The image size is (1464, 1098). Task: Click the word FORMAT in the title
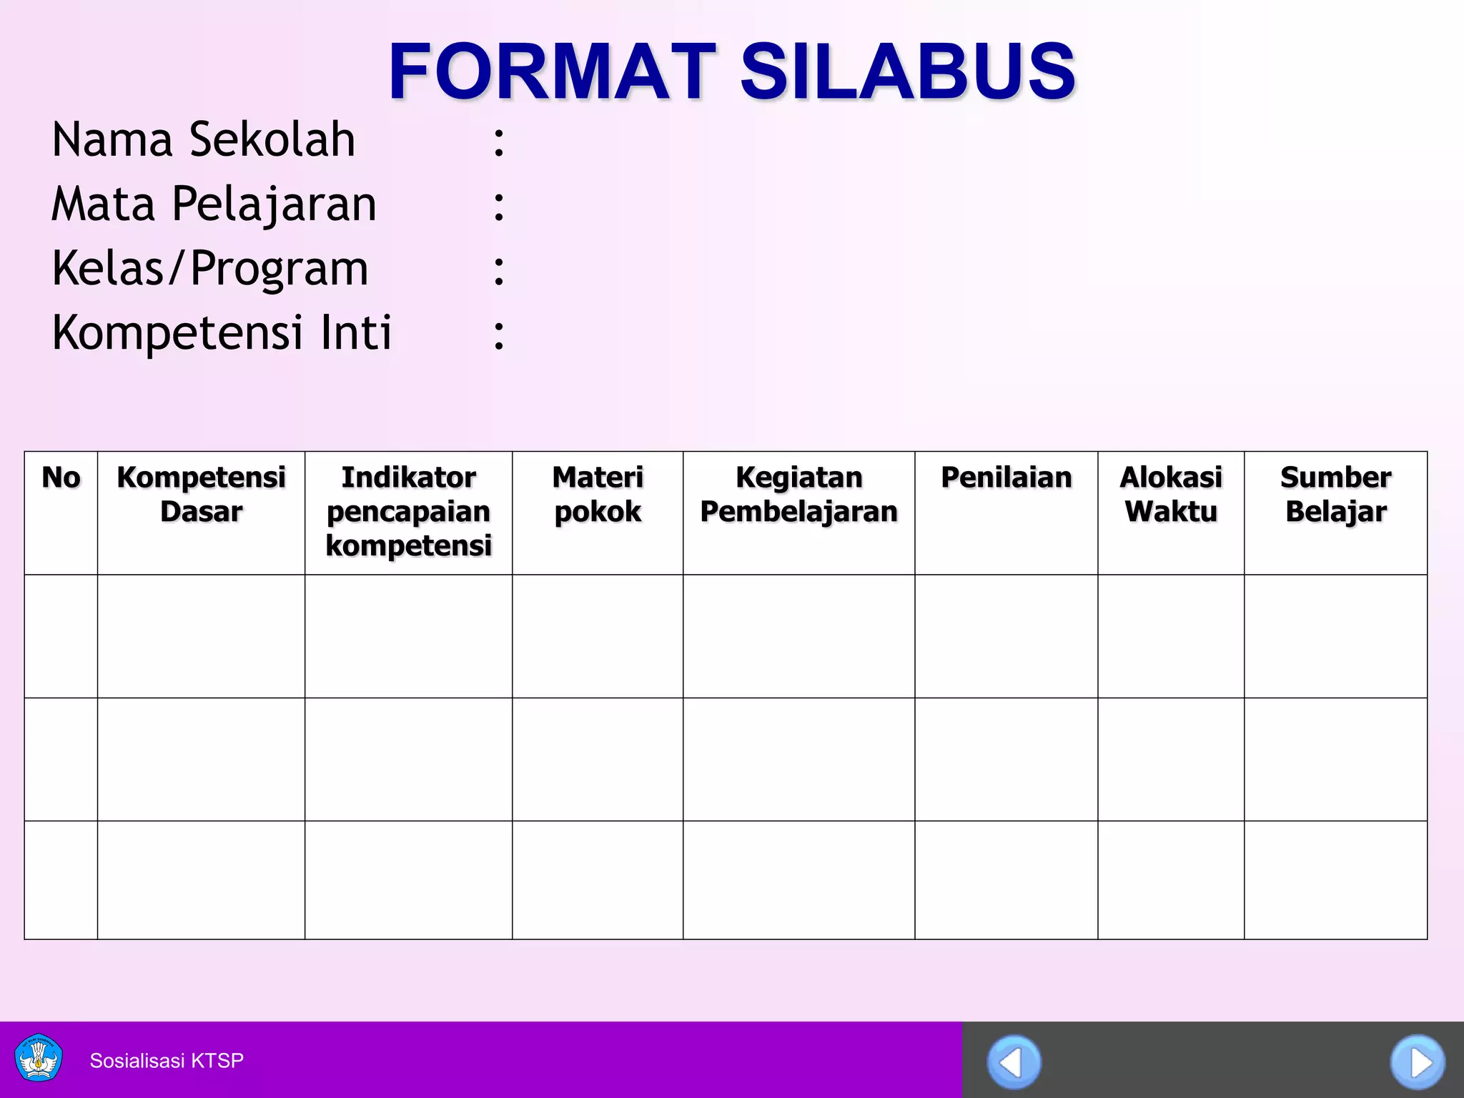point(551,71)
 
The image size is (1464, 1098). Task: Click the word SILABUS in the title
point(907,71)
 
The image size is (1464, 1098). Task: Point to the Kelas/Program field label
point(210,269)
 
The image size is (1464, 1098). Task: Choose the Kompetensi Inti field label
point(222,333)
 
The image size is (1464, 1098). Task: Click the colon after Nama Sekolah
point(499,142)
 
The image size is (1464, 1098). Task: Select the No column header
point(61,478)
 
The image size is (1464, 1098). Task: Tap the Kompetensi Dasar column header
point(201,495)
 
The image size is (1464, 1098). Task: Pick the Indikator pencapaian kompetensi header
point(408,511)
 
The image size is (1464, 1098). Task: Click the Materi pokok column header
point(598,495)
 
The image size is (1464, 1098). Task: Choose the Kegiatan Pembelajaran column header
point(798,495)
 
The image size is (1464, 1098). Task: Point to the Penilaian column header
point(1006,478)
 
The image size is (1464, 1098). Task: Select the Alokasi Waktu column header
point(1171,495)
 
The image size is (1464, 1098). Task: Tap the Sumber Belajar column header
point(1335,495)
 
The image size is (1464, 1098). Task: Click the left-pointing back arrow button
point(1014,1062)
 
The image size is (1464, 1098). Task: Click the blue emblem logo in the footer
point(39,1058)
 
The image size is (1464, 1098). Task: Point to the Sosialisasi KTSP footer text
point(167,1060)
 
